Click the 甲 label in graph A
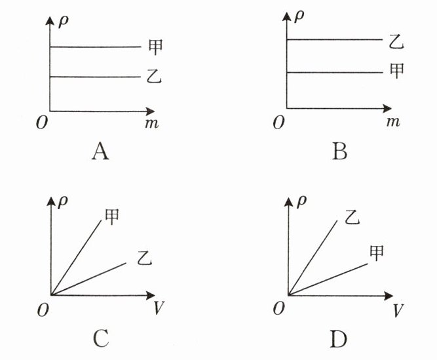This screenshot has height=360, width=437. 155,47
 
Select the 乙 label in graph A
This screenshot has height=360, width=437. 154,77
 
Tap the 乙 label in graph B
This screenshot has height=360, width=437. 396,43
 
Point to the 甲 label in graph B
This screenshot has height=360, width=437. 396,71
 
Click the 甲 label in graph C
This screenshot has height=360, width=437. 112,216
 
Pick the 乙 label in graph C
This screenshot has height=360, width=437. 144,258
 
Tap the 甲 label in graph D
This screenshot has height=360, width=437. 377,252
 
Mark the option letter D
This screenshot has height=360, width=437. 339,339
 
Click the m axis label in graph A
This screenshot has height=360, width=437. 151,123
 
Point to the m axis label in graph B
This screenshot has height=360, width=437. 393,121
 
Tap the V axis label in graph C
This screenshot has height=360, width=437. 159,308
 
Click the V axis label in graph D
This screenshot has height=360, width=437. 398,310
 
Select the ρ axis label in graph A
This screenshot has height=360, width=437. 64,22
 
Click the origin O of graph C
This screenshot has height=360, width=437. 43,310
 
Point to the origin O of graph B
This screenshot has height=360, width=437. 278,122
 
